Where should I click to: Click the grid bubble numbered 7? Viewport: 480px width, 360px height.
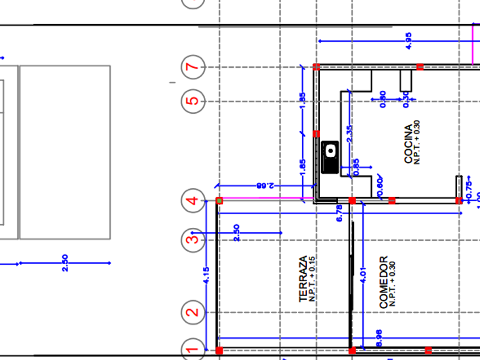(x=193, y=67)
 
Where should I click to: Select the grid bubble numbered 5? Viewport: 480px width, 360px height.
(x=193, y=102)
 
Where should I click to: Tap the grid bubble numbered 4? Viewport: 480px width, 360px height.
(x=193, y=201)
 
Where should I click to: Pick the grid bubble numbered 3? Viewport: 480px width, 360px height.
(x=193, y=238)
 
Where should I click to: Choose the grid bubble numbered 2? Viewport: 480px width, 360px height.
(x=193, y=313)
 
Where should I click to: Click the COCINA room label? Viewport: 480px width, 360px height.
(x=407, y=144)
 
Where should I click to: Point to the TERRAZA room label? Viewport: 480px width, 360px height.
(x=303, y=278)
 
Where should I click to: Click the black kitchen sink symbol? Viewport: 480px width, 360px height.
(x=330, y=157)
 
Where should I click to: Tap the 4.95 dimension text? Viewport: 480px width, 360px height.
(x=408, y=41)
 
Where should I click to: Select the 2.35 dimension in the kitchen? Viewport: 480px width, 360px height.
(x=350, y=133)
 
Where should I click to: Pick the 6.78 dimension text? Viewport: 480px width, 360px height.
(x=339, y=213)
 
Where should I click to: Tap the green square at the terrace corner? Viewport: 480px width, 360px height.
(x=219, y=201)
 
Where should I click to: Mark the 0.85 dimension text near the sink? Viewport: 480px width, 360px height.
(x=357, y=166)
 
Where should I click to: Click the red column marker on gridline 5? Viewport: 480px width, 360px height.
(x=317, y=134)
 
